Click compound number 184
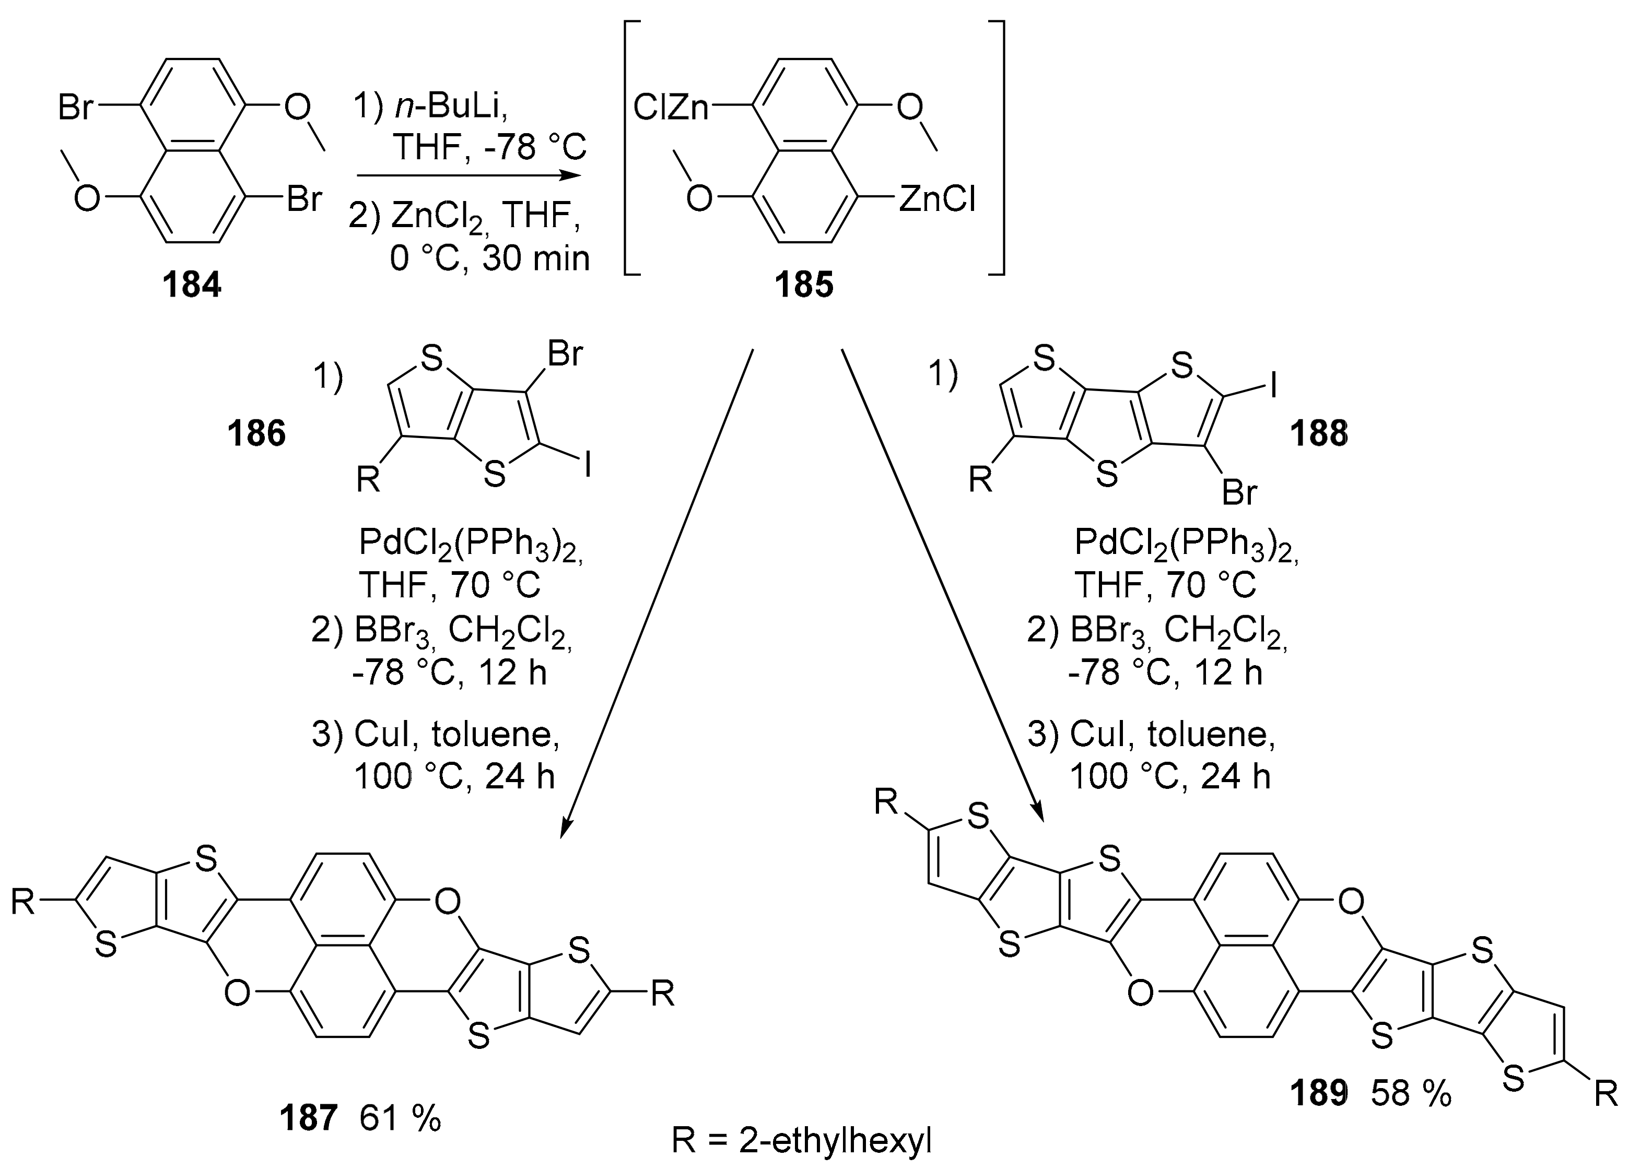tap(192, 285)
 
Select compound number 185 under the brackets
tap(804, 285)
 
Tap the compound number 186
tap(257, 434)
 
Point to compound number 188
tap(1319, 434)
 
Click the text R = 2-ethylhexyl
tap(801, 1141)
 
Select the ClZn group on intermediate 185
tap(671, 109)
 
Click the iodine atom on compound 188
tap(1273, 386)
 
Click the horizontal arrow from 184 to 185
tap(468, 175)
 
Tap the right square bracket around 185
tap(997, 148)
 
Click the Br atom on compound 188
tap(1240, 493)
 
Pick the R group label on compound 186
tap(369, 478)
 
